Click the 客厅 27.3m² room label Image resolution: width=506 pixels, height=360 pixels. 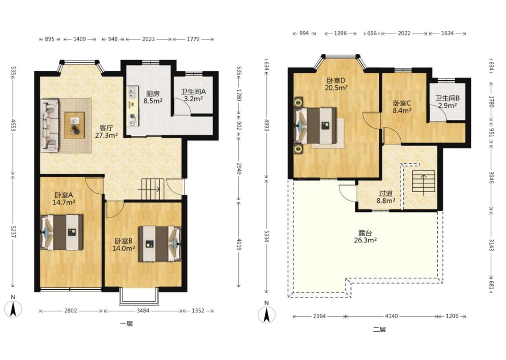pos(106,131)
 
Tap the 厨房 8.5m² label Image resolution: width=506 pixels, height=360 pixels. pos(152,97)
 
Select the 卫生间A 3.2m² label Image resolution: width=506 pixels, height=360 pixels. pos(193,95)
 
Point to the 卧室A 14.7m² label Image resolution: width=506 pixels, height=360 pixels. pos(63,199)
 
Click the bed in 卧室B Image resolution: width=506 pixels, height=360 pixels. pos(160,244)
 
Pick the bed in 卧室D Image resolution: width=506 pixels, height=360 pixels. pos(316,126)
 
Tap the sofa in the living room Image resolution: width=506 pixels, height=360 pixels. pos(49,125)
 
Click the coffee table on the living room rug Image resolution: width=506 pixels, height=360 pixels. pos(74,125)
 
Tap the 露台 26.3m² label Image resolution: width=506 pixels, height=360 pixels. pos(365,236)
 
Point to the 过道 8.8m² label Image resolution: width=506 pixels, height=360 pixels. pos(386,197)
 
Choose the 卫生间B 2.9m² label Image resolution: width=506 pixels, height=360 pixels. pos(447,102)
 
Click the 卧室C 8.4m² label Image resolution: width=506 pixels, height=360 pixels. pos(402,107)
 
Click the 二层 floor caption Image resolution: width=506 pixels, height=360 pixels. pos(380,329)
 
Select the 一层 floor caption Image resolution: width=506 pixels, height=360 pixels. pos(126,324)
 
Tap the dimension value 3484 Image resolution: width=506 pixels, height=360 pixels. pos(143,310)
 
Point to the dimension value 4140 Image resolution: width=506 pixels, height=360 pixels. pos(391,316)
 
